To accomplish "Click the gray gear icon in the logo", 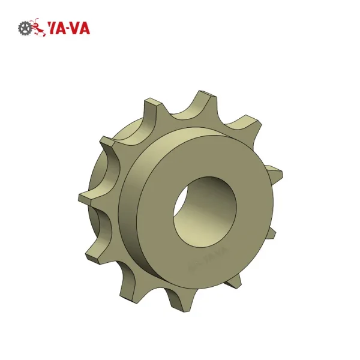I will click(25, 28).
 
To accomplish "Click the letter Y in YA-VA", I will click(53, 28).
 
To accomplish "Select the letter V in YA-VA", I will click(76, 28).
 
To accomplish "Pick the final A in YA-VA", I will click(85, 28).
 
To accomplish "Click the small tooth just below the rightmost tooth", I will click(269, 231).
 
